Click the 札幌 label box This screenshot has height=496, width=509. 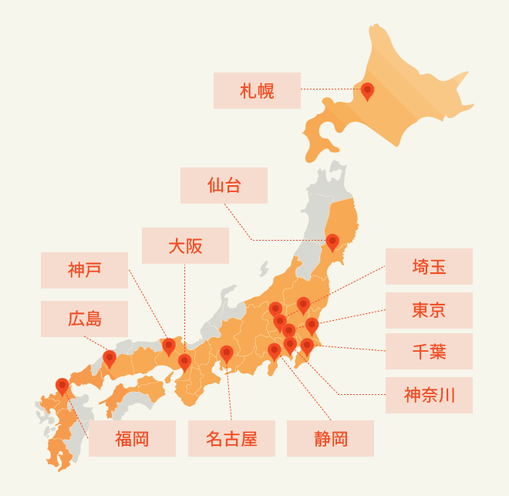[257, 91]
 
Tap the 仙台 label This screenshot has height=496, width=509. [224, 186]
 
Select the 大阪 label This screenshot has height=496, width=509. [185, 246]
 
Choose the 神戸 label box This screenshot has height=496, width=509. [84, 270]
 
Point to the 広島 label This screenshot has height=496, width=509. [84, 319]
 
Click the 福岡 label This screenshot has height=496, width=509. [132, 439]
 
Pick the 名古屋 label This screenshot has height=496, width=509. [231, 439]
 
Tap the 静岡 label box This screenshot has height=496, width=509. [330, 439]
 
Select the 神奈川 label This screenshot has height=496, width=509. [429, 396]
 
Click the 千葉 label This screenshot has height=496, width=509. [429, 353]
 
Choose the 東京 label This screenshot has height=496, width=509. [429, 310]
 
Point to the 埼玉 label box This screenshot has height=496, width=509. [429, 267]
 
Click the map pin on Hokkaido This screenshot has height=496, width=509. [368, 90]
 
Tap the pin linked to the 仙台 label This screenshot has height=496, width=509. [332, 241]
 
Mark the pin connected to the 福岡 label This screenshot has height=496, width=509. [62, 385]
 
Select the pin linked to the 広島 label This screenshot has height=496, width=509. [110, 358]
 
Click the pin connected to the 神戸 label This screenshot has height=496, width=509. [169, 346]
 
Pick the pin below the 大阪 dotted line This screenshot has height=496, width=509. [184, 361]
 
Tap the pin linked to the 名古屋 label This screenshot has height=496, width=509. [227, 353]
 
